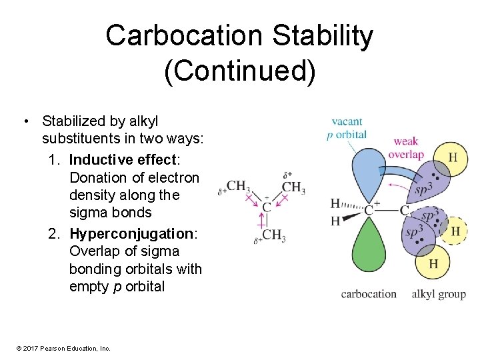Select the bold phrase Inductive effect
(x=122, y=160)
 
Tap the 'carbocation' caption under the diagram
(x=369, y=294)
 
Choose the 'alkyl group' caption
(x=438, y=294)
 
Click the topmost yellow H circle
(x=453, y=158)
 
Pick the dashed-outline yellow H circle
(x=455, y=231)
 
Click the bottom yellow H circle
(x=433, y=264)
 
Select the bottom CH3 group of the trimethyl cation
(x=273, y=235)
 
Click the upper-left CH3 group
(x=238, y=186)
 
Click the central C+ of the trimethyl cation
(x=266, y=207)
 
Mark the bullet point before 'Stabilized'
(x=25, y=121)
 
